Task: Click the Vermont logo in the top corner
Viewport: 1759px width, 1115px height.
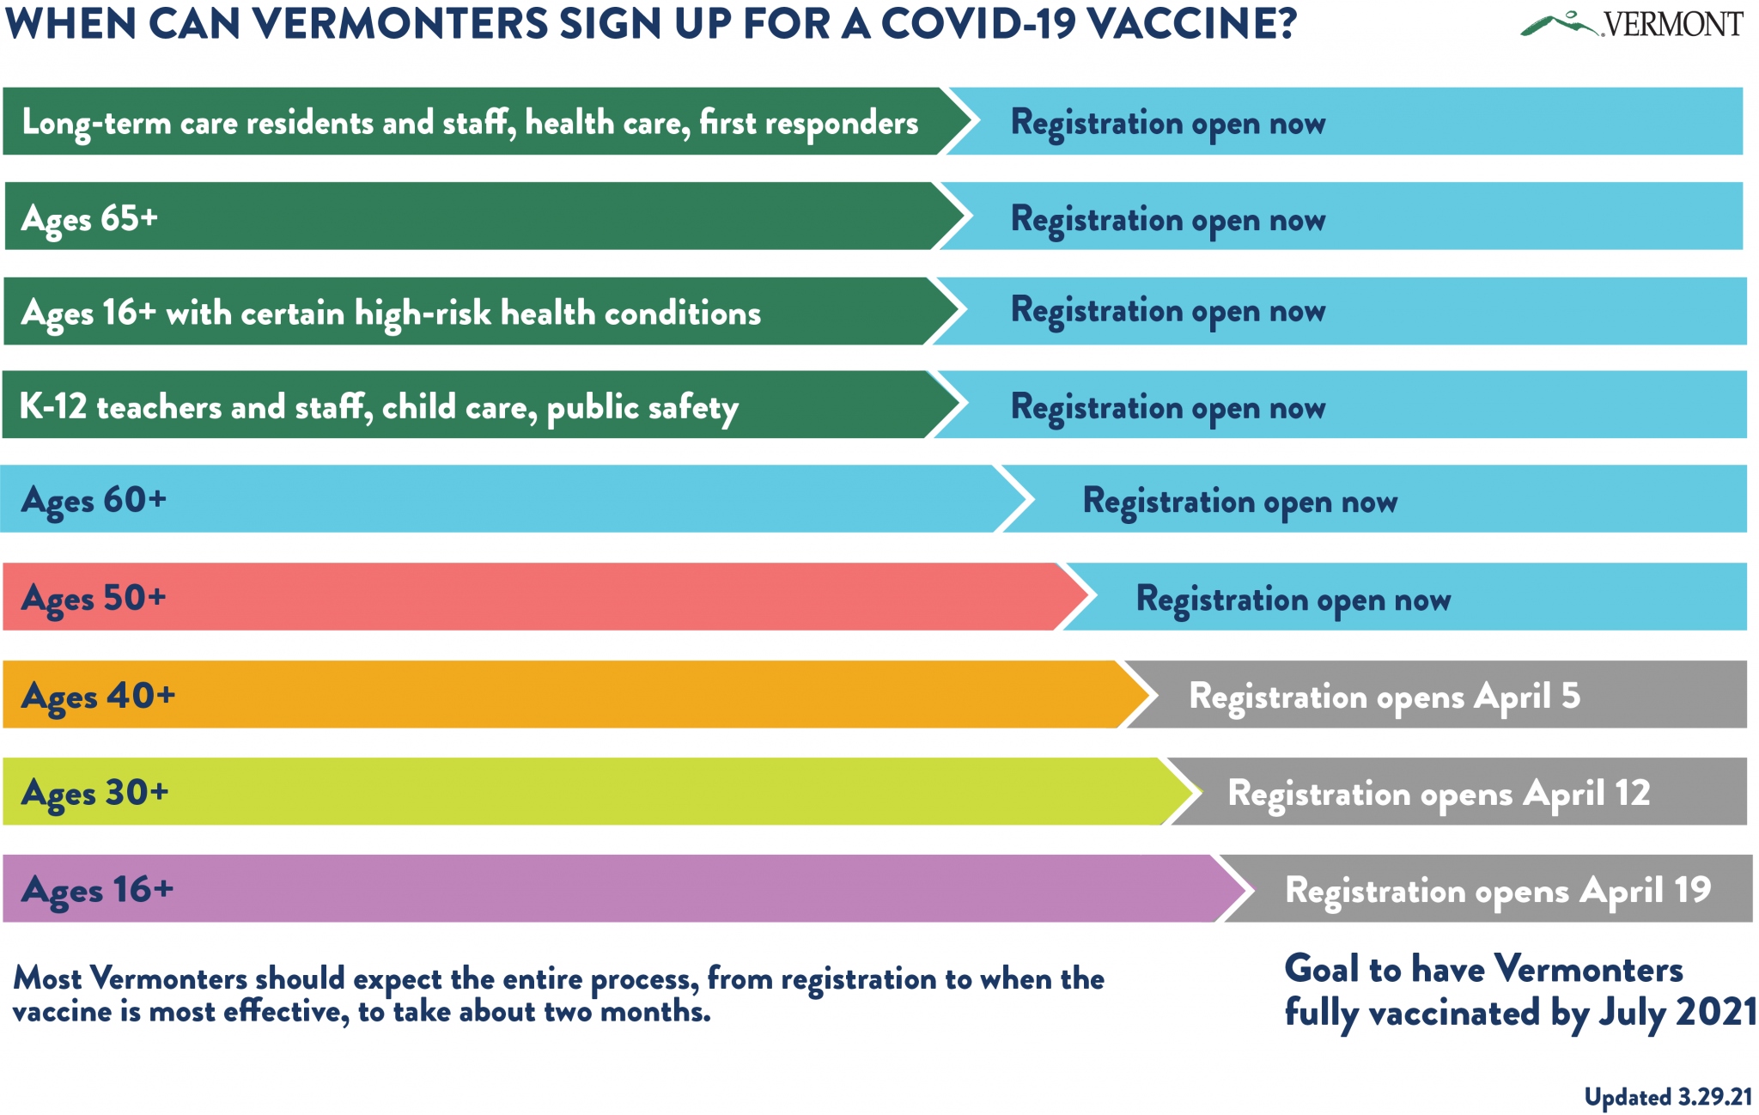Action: point(1632,23)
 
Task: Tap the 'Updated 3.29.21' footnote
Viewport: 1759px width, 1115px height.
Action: point(1668,1097)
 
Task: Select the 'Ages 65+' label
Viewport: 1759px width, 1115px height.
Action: point(90,219)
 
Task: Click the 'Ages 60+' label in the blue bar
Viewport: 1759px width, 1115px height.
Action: point(94,501)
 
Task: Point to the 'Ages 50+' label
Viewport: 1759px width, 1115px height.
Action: point(94,599)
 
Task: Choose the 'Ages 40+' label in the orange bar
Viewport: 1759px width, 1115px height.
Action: point(98,697)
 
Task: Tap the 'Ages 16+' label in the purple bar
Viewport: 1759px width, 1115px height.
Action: point(97,890)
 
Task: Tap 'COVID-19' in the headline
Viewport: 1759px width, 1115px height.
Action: point(978,23)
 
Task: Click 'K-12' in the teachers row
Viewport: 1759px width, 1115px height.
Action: point(53,406)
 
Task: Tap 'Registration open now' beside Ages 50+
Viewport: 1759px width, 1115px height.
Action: point(1293,600)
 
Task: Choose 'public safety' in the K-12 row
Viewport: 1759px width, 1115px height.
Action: point(642,408)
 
